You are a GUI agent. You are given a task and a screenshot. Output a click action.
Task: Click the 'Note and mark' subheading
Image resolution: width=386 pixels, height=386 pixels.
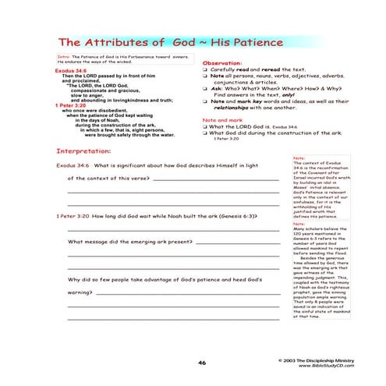coord(220,120)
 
